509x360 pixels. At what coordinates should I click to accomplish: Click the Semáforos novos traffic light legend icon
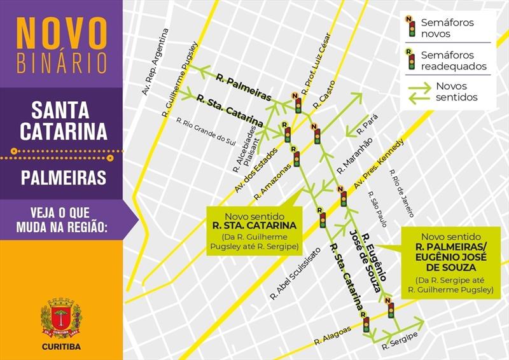click(412, 27)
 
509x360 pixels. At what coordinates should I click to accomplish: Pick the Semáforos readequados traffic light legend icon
click(412, 59)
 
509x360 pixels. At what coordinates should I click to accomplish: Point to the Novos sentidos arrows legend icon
click(419, 92)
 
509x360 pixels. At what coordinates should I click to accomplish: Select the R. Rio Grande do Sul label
click(206, 130)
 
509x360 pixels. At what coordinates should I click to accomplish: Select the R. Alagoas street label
click(332, 335)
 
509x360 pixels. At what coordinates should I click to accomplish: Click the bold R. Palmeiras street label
click(243, 88)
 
